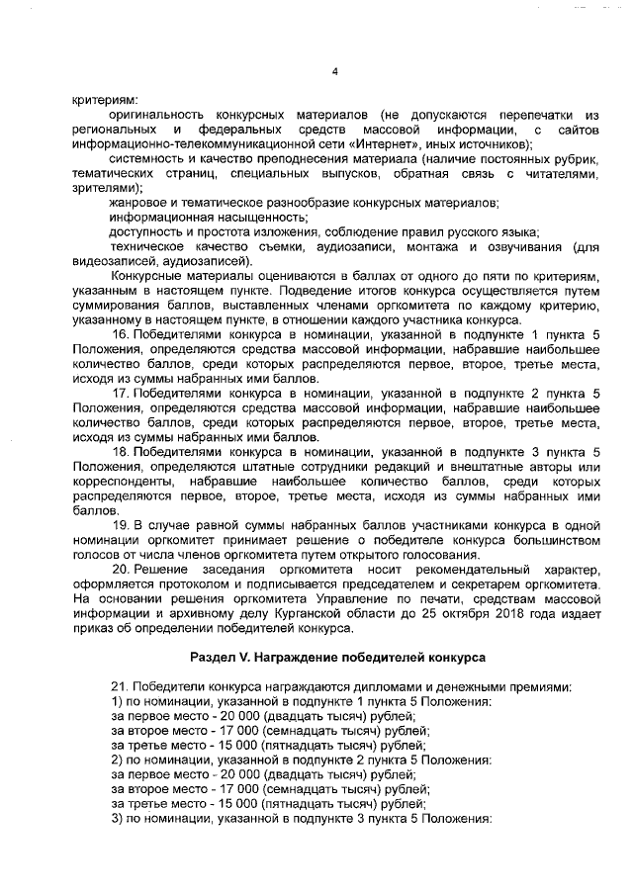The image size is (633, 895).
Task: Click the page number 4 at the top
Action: (x=335, y=70)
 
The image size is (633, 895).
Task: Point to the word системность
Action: (x=146, y=159)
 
